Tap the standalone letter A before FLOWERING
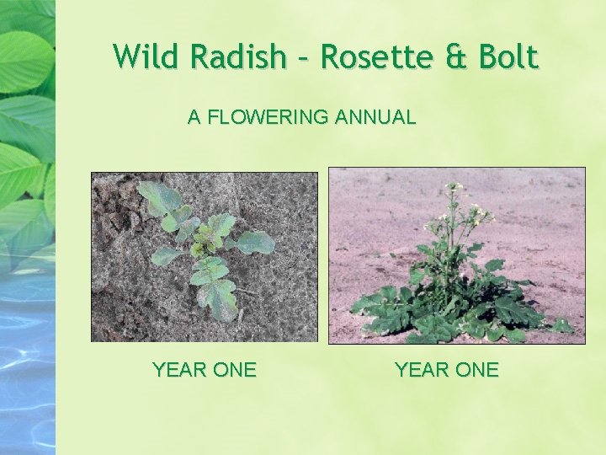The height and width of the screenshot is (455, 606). point(194,118)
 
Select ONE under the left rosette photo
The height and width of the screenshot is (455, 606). point(237,370)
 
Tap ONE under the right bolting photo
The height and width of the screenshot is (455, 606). point(479,370)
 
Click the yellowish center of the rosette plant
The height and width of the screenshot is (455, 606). point(199,248)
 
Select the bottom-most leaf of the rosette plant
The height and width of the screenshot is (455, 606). point(217,299)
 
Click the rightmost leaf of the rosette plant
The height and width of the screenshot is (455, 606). point(255,244)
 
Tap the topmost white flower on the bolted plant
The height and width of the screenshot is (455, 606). point(455,185)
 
